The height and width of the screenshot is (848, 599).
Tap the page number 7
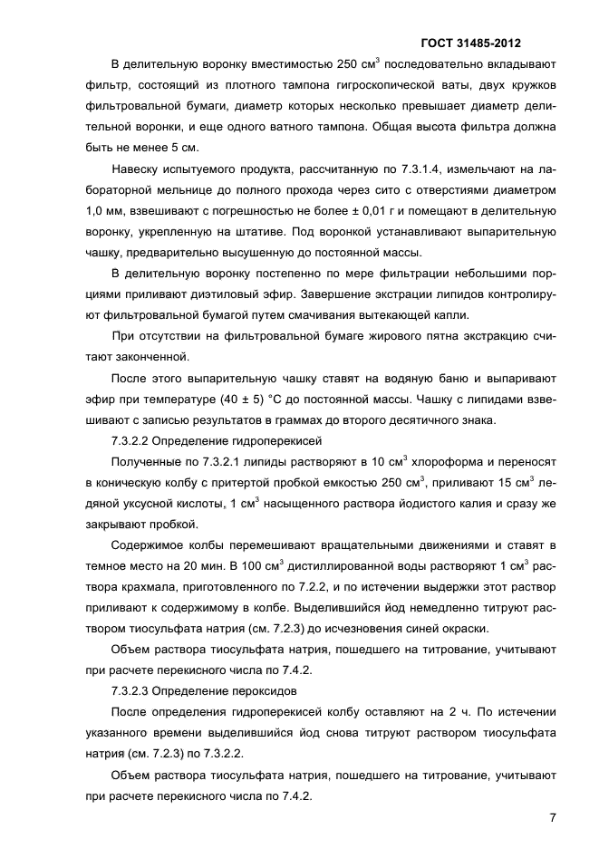point(553,817)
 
